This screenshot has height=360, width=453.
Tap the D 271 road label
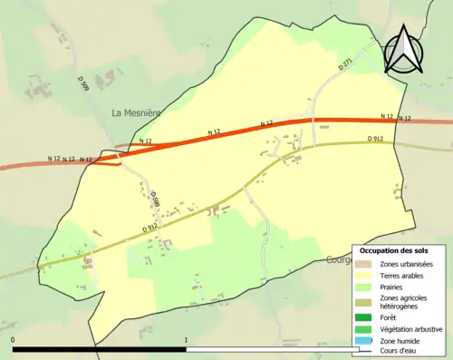[345, 64]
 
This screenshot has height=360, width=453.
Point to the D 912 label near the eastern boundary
[376, 139]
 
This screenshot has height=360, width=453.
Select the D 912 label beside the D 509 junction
[149, 228]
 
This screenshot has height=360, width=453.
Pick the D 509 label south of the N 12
[155, 197]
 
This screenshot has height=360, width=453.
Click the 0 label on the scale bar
[13, 341]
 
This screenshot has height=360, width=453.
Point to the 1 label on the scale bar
[186, 341]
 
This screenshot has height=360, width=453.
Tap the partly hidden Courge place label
[337, 260]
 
